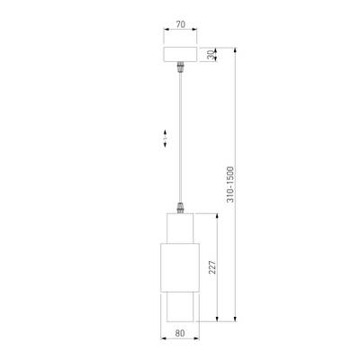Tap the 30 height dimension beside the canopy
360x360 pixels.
(x=211, y=54)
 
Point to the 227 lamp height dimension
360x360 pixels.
(x=210, y=267)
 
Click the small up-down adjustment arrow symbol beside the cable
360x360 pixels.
(x=165, y=138)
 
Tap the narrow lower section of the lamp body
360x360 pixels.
(x=180, y=309)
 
